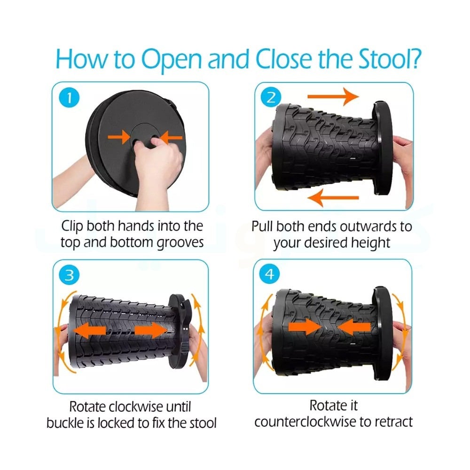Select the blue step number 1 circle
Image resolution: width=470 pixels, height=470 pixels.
[69, 98]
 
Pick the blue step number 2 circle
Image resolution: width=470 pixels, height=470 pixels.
[271, 97]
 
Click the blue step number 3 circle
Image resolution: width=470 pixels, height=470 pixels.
[69, 275]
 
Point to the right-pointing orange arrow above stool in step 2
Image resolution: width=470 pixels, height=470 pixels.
[333, 96]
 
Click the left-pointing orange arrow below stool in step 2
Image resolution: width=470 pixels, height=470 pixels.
[333, 198]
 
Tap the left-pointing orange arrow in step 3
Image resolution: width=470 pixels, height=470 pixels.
[89, 330]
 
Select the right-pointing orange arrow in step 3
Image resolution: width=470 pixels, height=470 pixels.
[151, 330]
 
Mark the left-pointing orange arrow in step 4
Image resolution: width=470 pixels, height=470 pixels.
[354, 327]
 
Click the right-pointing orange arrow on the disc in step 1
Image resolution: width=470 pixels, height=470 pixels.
[119, 137]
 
